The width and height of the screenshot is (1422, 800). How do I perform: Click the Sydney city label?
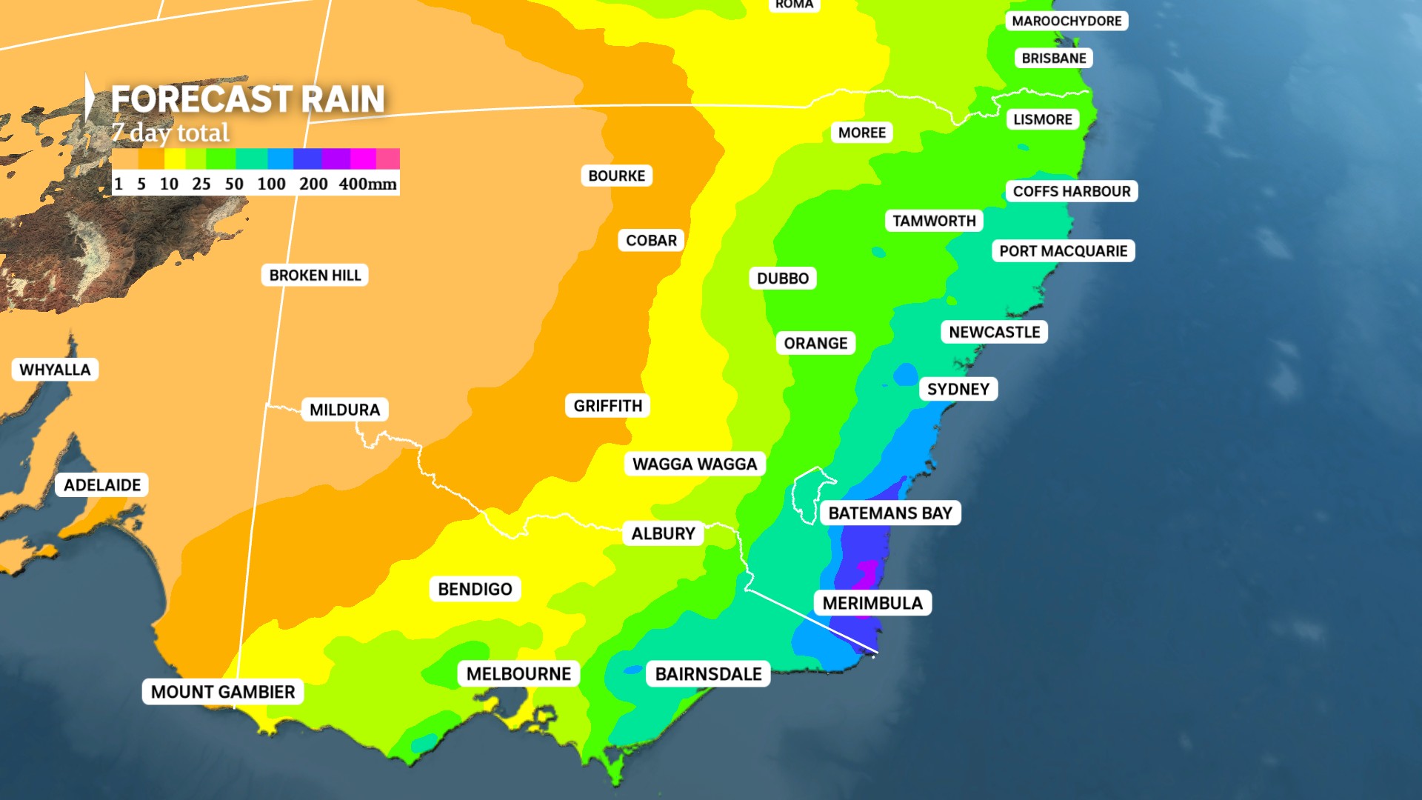[958, 389]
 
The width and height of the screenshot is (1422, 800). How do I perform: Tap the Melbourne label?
[518, 673]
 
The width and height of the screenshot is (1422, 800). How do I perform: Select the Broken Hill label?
[315, 275]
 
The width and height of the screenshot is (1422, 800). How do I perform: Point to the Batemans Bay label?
[889, 513]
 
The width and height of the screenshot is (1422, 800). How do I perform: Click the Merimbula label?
[872, 603]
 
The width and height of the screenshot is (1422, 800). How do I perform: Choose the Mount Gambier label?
[223, 692]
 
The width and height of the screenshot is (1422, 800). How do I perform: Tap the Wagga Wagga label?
[695, 464]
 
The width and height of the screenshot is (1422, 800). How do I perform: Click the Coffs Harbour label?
[1071, 191]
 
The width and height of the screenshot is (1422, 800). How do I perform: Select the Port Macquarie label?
[1063, 251]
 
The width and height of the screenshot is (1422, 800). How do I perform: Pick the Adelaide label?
[102, 485]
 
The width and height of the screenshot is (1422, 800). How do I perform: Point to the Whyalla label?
[55, 370]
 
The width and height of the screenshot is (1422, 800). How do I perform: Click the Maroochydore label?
[1066, 21]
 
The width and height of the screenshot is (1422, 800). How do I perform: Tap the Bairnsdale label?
[708, 673]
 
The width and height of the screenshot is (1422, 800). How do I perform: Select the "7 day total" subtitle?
[171, 133]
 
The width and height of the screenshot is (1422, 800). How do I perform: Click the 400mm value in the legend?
[367, 184]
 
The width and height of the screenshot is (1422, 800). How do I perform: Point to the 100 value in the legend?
[271, 184]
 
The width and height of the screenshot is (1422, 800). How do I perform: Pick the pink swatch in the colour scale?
[388, 159]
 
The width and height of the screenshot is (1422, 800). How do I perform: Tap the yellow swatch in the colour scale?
[175, 159]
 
